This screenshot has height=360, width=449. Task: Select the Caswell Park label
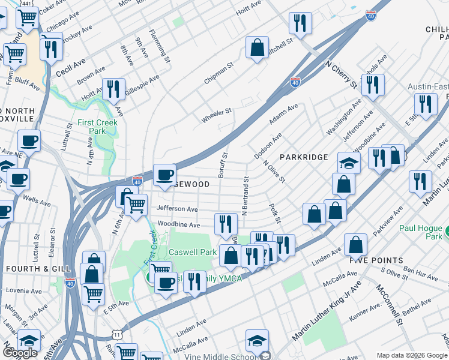click(x=192, y=253)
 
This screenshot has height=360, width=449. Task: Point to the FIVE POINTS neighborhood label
click(x=376, y=260)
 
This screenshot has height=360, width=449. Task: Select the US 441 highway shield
click(x=28, y=4)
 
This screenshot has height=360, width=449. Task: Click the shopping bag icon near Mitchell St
click(x=257, y=49)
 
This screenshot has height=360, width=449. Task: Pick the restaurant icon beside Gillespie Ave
click(x=113, y=88)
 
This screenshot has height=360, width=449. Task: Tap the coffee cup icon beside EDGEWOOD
click(x=164, y=175)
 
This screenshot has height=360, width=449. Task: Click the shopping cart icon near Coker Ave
click(x=27, y=19)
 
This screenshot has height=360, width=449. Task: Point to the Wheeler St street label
click(x=216, y=115)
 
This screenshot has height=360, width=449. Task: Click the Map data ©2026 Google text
click(x=412, y=355)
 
